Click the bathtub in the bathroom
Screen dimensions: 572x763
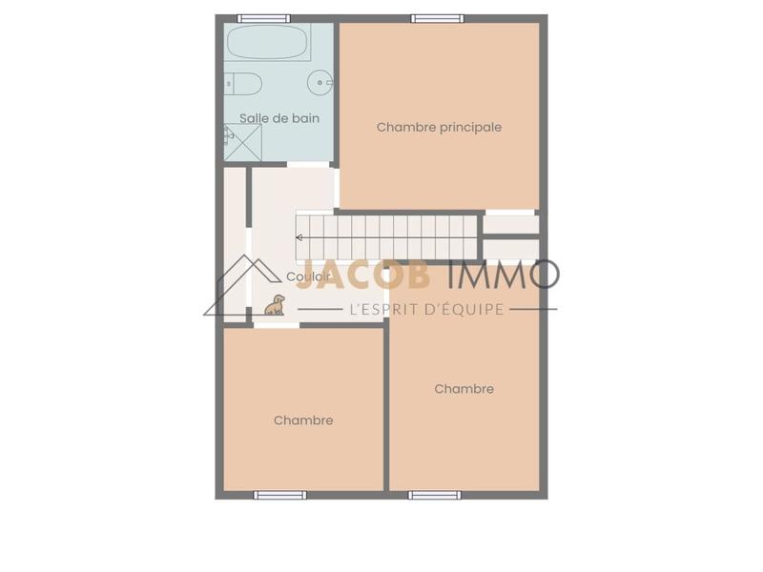(x=268, y=43)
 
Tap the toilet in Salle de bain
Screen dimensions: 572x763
(x=244, y=85)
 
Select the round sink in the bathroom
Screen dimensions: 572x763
(x=319, y=84)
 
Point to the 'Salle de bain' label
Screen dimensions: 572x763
(x=279, y=118)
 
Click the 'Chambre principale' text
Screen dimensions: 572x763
(x=439, y=127)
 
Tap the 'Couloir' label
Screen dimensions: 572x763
(x=308, y=276)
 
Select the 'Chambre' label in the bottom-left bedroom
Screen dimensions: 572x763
(x=303, y=420)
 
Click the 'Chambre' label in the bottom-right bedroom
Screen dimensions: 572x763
(x=464, y=389)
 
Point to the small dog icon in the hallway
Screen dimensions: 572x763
(x=276, y=305)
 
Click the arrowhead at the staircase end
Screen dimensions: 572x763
(x=299, y=237)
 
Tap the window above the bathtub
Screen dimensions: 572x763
(x=263, y=18)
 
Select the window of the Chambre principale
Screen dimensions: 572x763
(x=438, y=18)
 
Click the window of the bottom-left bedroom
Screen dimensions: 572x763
(x=280, y=495)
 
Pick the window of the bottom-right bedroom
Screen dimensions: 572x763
(x=435, y=495)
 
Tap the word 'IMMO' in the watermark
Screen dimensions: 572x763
(x=503, y=275)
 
